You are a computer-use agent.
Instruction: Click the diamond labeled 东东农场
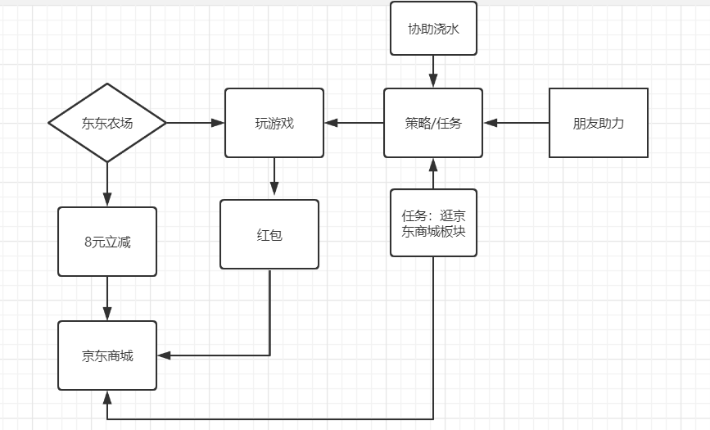point(107,123)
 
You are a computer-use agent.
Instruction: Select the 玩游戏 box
point(274,123)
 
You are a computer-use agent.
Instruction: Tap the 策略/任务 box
point(433,123)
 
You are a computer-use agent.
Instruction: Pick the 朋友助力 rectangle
point(599,123)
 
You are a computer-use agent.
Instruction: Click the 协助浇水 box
point(433,28)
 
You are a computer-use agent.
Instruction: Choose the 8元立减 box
point(107,242)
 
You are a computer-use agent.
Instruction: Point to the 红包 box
point(269,234)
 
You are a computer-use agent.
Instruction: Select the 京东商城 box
point(107,355)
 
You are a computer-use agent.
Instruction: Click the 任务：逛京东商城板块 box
point(433,223)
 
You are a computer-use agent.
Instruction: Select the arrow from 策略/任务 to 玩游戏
point(354,123)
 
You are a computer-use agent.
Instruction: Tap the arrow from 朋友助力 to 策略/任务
point(516,123)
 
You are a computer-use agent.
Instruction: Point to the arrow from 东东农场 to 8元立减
point(107,184)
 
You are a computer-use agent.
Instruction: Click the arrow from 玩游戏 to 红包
point(274,179)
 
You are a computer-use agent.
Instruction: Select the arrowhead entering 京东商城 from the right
point(164,355)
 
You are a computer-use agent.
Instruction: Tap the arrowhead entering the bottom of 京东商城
point(107,397)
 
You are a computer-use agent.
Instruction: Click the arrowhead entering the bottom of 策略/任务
point(433,164)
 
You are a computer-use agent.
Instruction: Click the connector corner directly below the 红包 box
point(269,355)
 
